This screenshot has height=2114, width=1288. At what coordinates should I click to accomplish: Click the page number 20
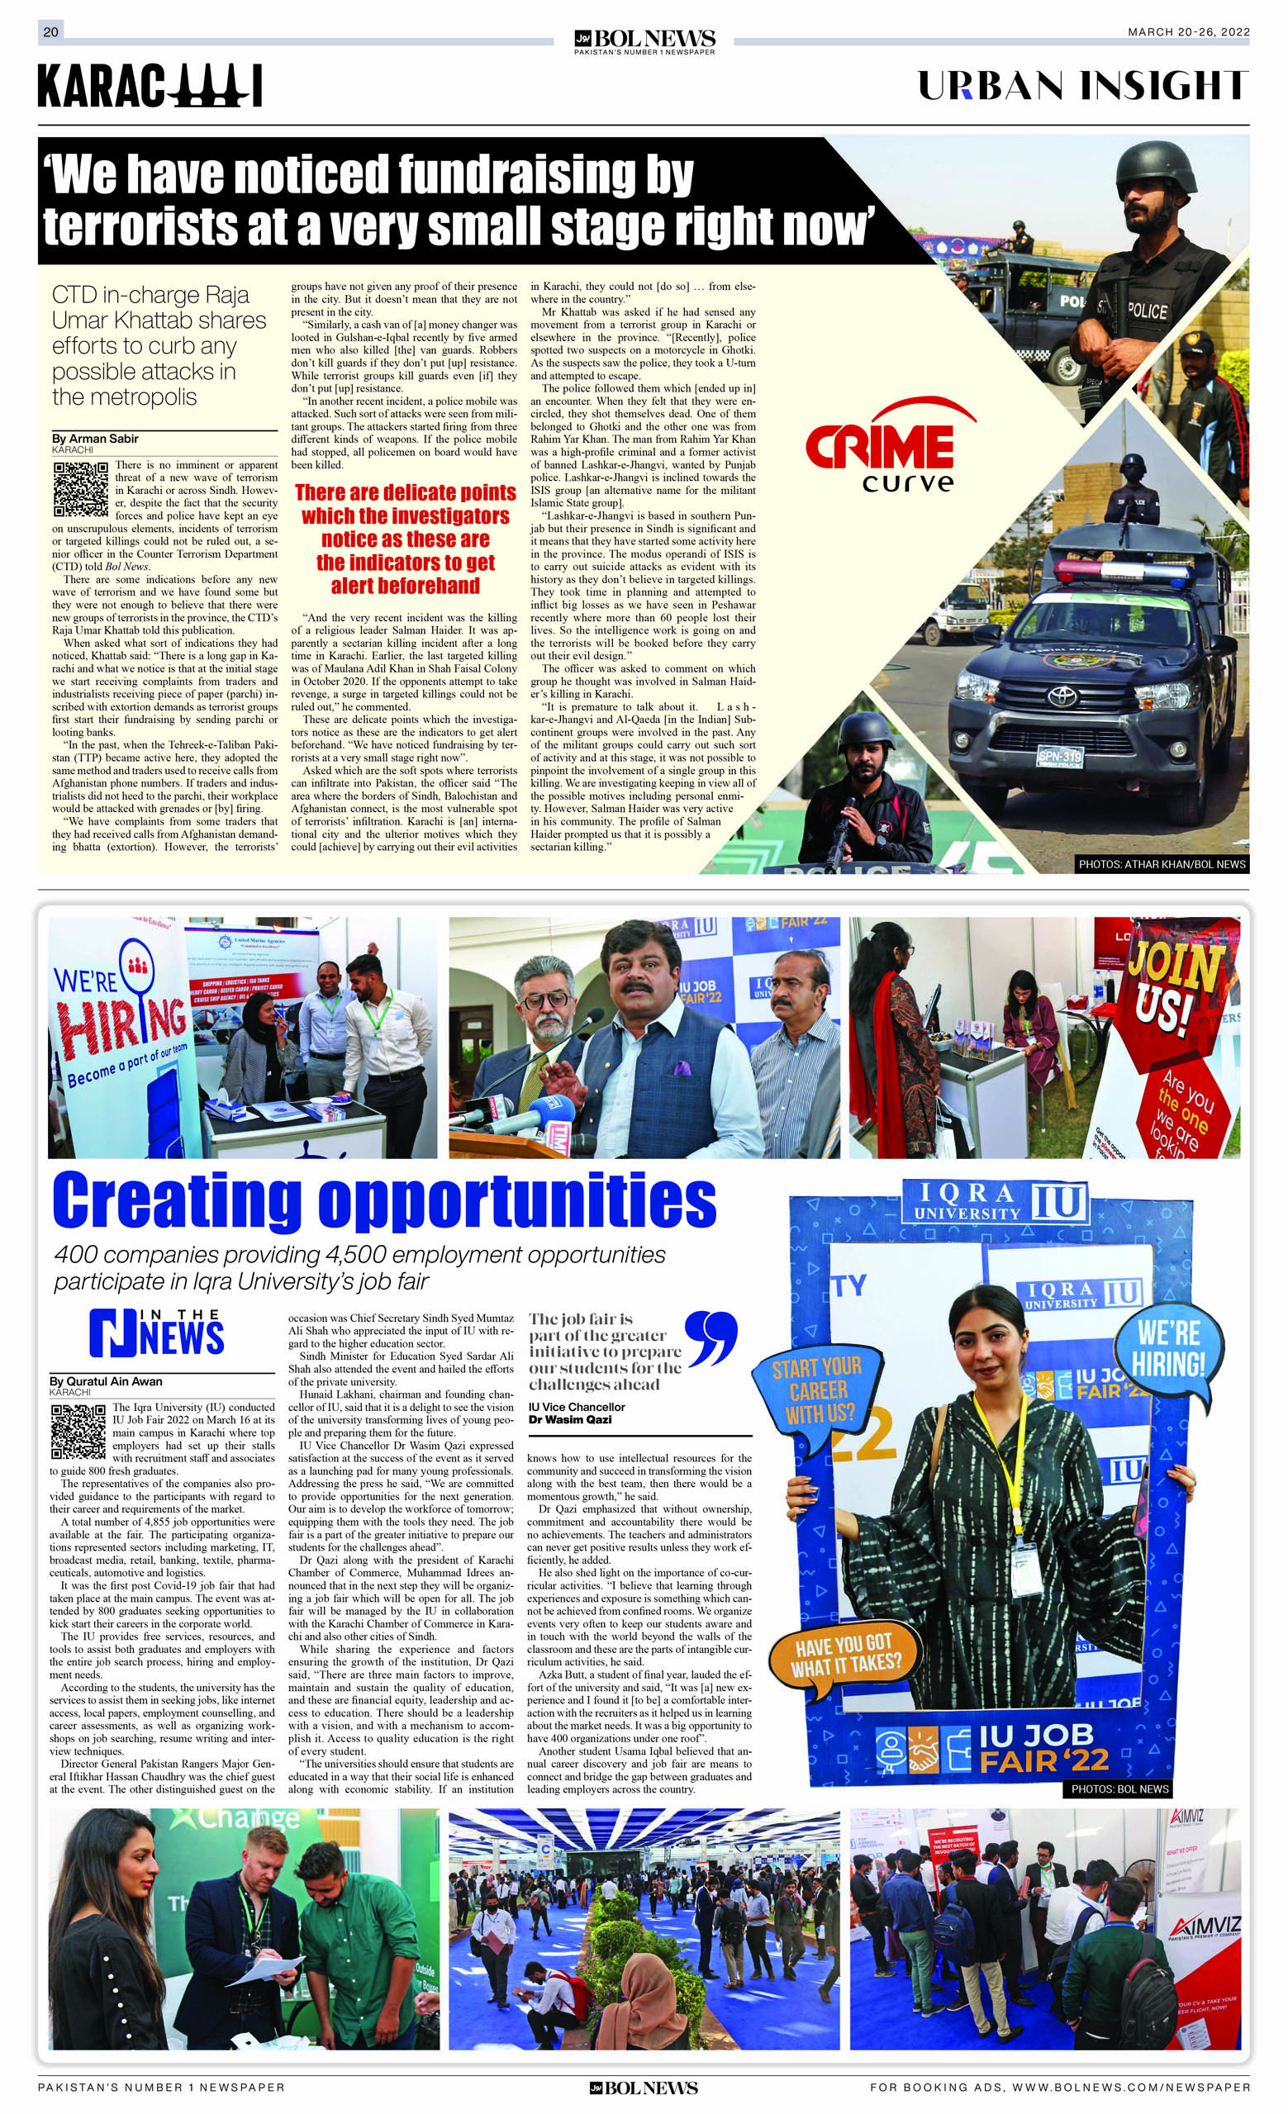pyautogui.click(x=50, y=31)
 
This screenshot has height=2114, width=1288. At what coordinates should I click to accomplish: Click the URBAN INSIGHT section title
pyautogui.click(x=1082, y=86)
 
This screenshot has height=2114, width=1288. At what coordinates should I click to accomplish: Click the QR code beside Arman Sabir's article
pyautogui.click(x=81, y=488)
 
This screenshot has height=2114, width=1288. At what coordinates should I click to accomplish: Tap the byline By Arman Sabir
pyautogui.click(x=95, y=439)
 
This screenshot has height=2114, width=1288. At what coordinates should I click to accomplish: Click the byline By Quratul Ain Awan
pyautogui.click(x=106, y=1381)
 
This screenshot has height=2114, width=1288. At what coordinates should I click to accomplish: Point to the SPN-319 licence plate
pyautogui.click(x=1060, y=757)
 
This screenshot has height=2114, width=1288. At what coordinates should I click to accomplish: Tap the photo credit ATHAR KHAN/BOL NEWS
pyautogui.click(x=1162, y=864)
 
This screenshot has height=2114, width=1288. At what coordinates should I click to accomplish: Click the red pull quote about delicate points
pyautogui.click(x=406, y=539)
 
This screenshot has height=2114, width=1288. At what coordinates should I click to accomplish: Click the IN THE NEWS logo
pyautogui.click(x=156, y=1333)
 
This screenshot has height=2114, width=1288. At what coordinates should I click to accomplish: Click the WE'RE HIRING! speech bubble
pyautogui.click(x=1169, y=1348)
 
